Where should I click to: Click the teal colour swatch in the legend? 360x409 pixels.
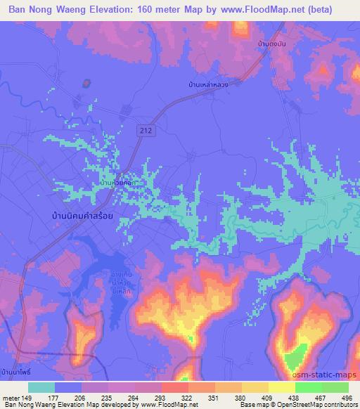pos(41,387)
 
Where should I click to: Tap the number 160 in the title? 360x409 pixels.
pos(144,10)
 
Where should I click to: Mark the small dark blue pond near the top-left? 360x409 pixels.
pos(86,82)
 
